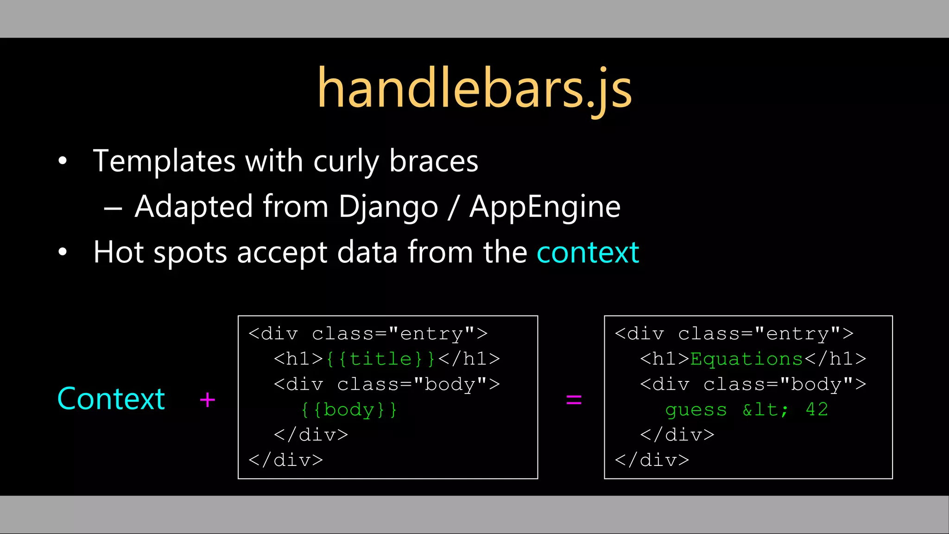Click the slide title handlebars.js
474,88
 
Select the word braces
434,161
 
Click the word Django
388,207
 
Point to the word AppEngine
545,207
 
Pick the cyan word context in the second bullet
588,253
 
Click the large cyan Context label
111,399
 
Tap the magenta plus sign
207,400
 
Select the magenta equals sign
574,400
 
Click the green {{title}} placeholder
380,359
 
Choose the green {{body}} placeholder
349,409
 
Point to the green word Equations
746,359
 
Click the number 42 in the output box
816,409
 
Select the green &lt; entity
765,409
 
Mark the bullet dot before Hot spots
63,253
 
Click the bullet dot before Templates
63,161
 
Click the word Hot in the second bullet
118,253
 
